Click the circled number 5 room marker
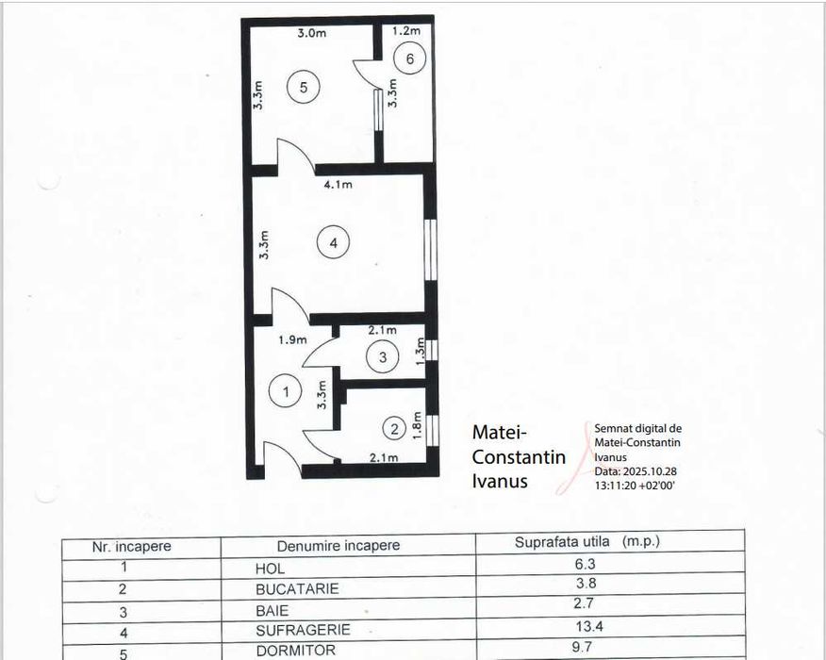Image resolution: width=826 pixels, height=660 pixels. coord(304,87)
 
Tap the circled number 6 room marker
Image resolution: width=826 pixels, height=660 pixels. coord(409,58)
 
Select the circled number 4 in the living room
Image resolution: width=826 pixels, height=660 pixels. coord(333,242)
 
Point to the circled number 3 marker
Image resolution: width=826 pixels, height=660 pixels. coord(382,357)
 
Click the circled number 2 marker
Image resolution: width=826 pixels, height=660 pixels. coord(394,429)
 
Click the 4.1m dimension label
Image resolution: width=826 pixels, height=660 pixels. coord(338,185)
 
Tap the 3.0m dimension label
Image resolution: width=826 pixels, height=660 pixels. coord(311,33)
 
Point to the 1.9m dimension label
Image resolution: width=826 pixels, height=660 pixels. coord(291,339)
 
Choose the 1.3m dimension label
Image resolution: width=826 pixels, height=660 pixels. coord(421,348)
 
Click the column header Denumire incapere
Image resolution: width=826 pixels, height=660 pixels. coord(338,546)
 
